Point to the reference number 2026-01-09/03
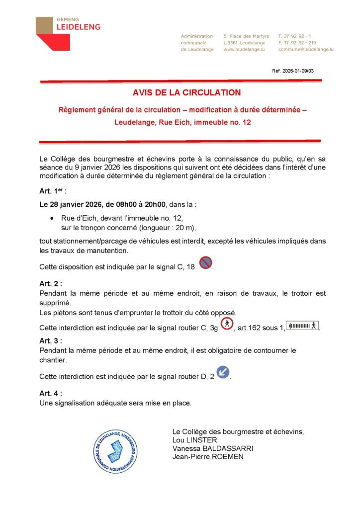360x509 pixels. tap(293, 71)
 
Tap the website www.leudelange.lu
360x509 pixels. tap(243, 50)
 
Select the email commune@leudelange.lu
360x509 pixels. tap(305, 50)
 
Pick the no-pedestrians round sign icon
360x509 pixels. tap(227, 324)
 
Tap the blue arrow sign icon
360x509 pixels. tap(223, 372)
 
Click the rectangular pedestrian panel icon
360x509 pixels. tap(303, 326)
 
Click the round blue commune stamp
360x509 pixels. tap(116, 451)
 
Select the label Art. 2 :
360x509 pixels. tap(51, 284)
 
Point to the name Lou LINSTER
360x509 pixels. tap(194, 440)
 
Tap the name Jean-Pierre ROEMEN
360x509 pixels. tap(208, 457)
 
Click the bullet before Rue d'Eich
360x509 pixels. tap(53, 219)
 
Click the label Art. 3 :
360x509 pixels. tap(51, 341)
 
